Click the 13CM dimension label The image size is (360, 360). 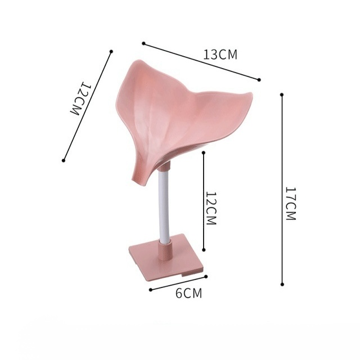tap(220, 55)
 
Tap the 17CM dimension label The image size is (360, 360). tap(290, 204)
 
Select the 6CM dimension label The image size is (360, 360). tap(189, 293)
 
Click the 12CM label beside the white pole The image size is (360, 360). tap(211, 209)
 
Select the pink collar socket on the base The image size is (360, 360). tap(164, 251)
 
